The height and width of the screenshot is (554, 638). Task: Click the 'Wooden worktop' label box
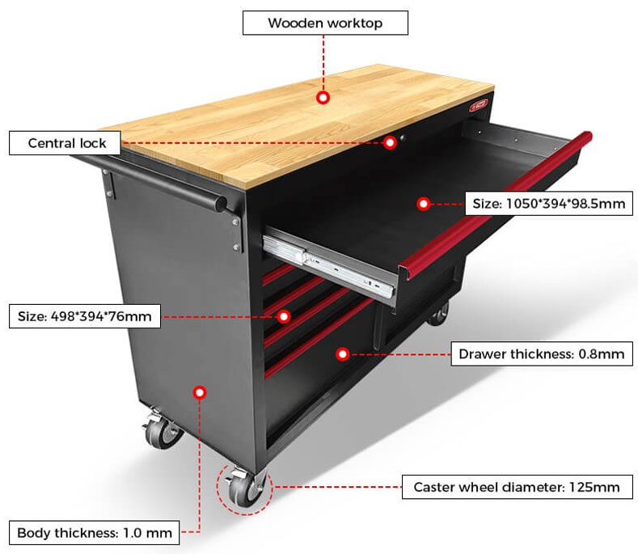(325, 23)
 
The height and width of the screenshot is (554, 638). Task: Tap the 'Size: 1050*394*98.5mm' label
(548, 203)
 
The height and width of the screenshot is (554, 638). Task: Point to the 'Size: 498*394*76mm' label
(85, 315)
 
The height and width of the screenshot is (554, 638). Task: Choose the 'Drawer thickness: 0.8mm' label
(541, 353)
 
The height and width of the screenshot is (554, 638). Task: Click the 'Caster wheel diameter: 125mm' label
(517, 487)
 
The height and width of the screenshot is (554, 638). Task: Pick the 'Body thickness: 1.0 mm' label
(95, 533)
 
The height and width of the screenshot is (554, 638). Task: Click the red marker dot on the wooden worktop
(323, 98)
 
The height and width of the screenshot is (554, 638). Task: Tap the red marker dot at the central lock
(391, 142)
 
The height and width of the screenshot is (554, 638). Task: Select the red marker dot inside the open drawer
(423, 204)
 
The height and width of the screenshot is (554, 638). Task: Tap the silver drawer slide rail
(332, 260)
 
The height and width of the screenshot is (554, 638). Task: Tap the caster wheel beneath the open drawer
(437, 311)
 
